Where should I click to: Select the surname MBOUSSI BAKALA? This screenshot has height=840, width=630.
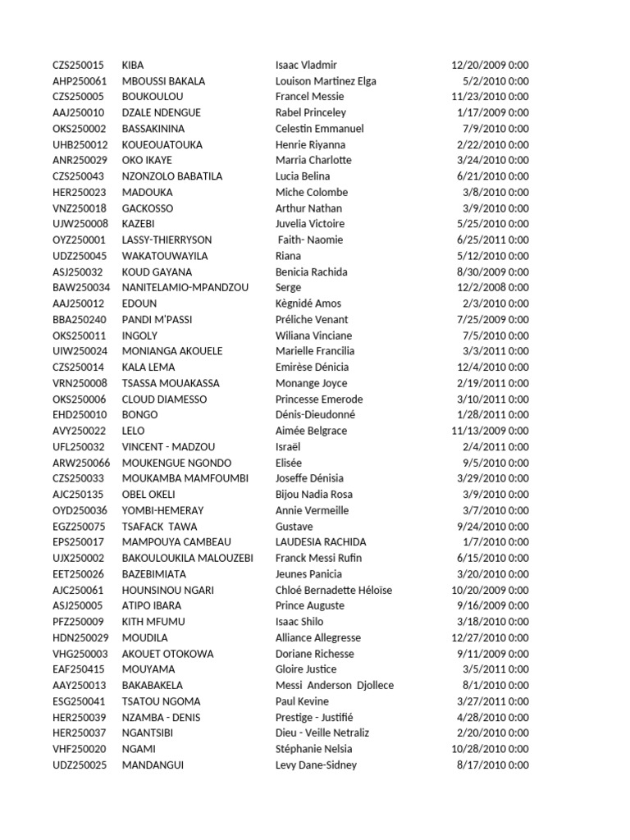tap(163, 81)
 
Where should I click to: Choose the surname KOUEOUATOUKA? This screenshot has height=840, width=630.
tap(162, 144)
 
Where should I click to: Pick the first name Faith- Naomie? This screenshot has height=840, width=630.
tap(311, 240)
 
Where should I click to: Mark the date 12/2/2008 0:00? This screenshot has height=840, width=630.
tap(491, 288)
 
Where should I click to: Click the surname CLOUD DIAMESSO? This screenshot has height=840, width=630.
tap(164, 399)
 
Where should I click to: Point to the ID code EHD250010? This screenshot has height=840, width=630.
tap(79, 415)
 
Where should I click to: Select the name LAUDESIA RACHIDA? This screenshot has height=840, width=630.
tap(321, 542)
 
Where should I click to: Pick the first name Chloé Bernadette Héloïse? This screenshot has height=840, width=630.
tap(334, 590)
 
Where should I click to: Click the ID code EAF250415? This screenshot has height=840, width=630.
tap(79, 669)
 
